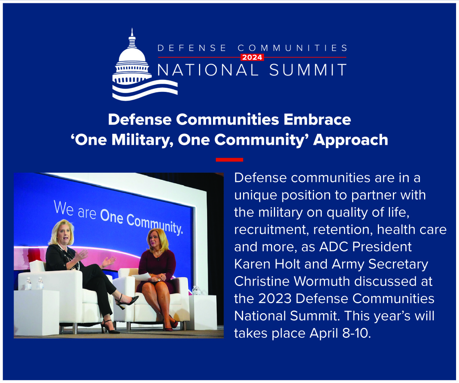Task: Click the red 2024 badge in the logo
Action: (252, 57)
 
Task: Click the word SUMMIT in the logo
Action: (308, 70)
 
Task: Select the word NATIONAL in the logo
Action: (208, 70)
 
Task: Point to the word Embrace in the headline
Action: (317, 119)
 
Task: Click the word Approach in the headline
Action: (351, 140)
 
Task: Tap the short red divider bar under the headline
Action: (229, 160)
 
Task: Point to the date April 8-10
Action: (340, 333)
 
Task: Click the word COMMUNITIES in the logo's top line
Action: (292, 48)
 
